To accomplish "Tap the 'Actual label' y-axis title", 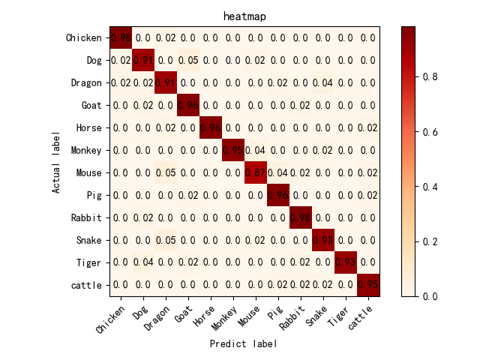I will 56,161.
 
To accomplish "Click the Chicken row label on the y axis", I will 83,37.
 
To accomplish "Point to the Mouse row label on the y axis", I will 88,172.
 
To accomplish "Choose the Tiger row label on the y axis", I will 88,262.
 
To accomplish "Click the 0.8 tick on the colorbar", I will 416,76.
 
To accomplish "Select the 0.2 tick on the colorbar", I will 416,241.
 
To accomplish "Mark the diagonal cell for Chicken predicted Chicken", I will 121,37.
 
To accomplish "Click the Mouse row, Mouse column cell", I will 256,172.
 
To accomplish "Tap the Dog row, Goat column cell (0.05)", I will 188,60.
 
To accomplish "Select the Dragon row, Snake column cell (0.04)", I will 323,82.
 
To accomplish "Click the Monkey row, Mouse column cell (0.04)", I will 256,150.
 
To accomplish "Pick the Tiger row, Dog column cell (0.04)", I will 143,262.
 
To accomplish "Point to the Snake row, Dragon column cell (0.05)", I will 166,240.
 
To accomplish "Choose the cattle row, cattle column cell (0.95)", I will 368,285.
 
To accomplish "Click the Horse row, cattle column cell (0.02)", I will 368,127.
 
